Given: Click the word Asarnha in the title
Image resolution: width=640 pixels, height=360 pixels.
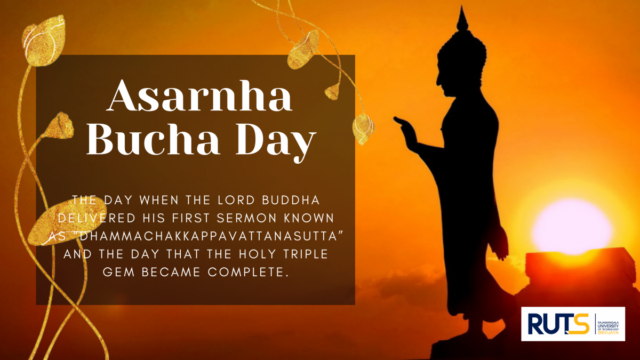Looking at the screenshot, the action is (x=199, y=95).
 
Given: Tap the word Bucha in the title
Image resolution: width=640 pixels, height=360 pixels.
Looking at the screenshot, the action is (x=153, y=140).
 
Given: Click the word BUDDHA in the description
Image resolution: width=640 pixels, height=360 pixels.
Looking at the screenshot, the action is (x=291, y=200).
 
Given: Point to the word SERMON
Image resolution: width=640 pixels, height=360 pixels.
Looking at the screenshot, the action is (x=247, y=218).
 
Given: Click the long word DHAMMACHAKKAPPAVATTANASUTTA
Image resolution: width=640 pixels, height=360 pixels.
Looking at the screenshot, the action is (x=209, y=236).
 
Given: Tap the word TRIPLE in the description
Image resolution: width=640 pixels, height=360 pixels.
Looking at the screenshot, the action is (x=306, y=254).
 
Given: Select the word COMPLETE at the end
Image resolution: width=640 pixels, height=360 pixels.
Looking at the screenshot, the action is (x=247, y=272).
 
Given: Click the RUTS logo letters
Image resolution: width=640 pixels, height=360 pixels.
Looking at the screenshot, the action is (x=558, y=324).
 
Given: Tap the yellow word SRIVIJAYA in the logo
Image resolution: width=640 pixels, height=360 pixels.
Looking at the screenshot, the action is (x=608, y=333).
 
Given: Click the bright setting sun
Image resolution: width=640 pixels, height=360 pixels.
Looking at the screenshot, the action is (x=572, y=226).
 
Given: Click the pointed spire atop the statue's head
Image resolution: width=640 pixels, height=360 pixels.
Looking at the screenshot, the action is (x=462, y=19).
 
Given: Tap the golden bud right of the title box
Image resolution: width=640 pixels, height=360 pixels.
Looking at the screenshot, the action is (x=363, y=129).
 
